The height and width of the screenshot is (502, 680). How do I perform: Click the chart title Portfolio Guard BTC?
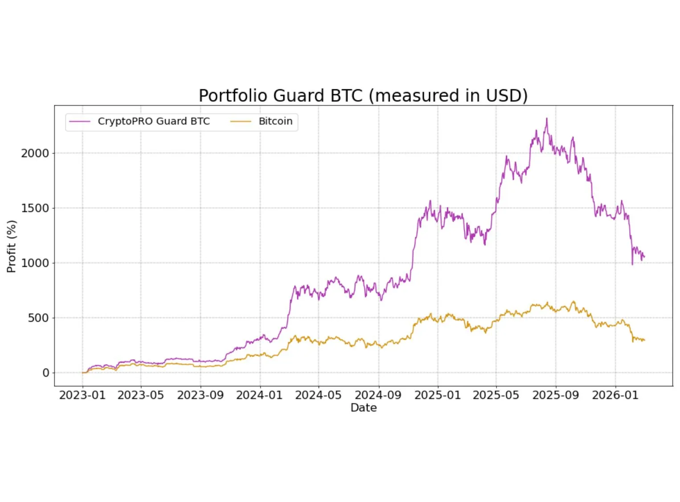(363, 95)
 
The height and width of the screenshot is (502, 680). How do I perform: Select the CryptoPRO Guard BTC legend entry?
(153, 121)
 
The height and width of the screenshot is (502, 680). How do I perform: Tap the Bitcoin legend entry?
(275, 121)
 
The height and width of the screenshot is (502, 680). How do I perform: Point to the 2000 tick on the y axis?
(35, 154)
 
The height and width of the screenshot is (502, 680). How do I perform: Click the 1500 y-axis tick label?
(35, 208)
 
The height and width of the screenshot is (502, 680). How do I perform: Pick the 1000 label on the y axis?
(35, 263)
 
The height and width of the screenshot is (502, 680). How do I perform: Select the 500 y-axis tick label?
(38, 318)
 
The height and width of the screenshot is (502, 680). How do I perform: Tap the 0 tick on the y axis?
(45, 373)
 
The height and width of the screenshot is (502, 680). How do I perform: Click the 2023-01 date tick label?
(82, 395)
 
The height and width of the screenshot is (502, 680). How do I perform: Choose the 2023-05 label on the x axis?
(140, 395)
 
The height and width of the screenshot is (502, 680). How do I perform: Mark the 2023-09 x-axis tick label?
(200, 395)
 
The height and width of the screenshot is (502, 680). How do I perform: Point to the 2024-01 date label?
(259, 395)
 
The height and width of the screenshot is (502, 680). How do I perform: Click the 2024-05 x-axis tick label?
(318, 395)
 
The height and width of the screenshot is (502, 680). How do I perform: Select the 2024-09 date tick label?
(378, 395)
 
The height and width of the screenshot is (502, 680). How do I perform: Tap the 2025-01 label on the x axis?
(438, 395)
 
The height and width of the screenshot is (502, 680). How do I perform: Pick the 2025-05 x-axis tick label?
(496, 395)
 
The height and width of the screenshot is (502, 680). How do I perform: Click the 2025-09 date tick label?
(556, 395)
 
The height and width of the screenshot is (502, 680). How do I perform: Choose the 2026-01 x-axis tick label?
(615, 395)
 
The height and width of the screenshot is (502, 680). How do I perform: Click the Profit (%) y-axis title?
(12, 246)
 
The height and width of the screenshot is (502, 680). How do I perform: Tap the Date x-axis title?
(364, 408)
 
